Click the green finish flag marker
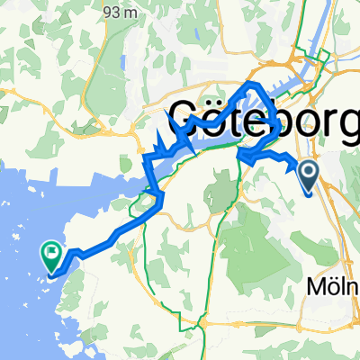(x=51, y=258)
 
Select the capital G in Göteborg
(x=183, y=117)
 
